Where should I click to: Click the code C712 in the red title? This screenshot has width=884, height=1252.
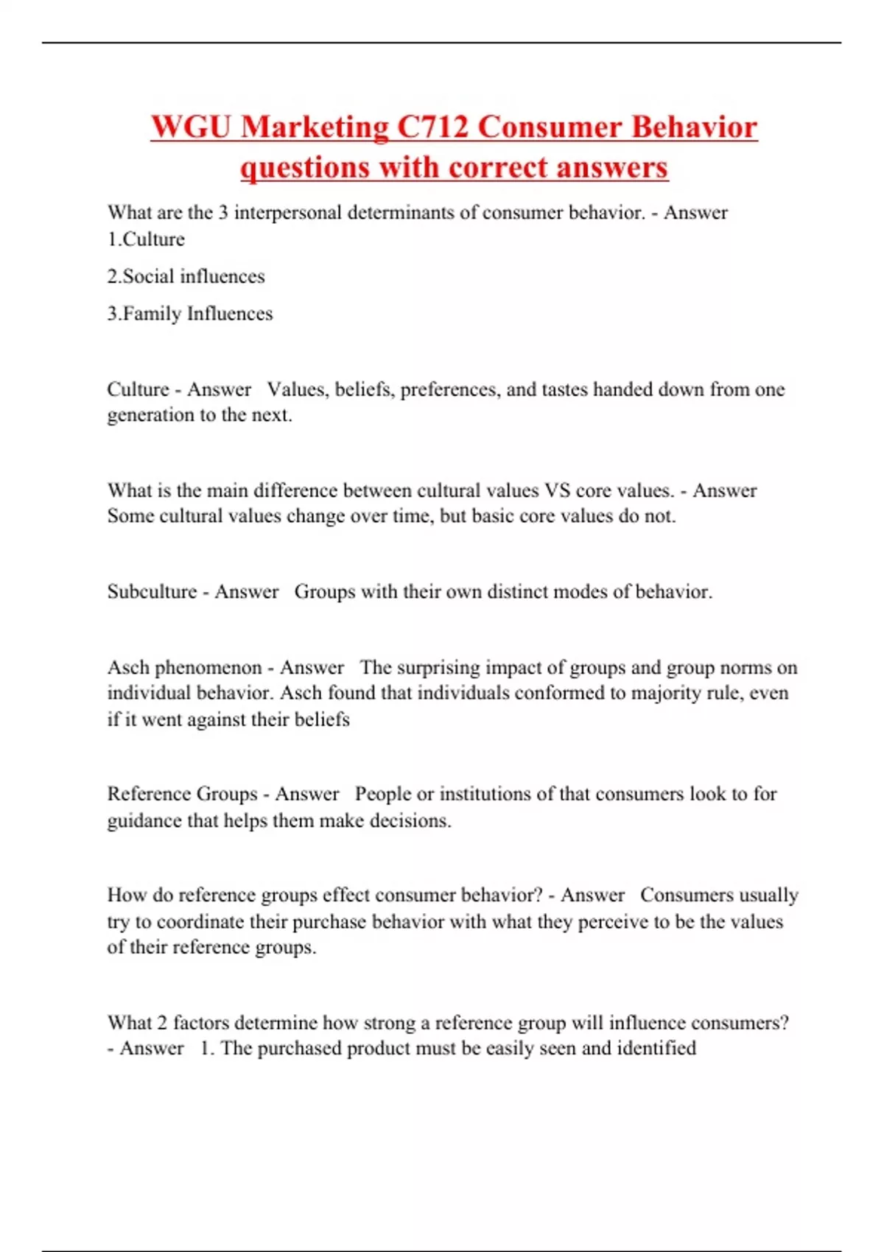(433, 127)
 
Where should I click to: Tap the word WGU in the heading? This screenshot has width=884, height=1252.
(191, 127)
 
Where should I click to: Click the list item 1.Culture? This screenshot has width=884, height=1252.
(146, 239)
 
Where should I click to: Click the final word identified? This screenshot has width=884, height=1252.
(656, 1048)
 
